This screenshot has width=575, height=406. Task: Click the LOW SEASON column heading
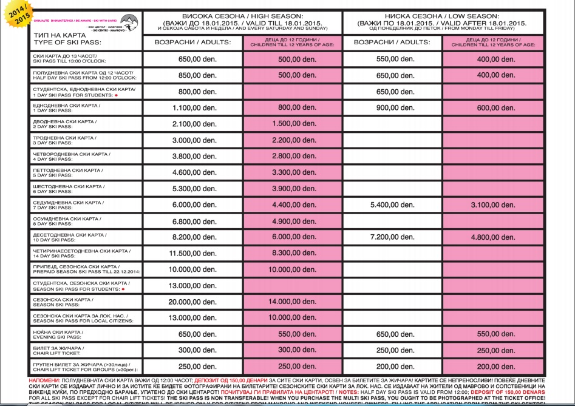tap(442, 16)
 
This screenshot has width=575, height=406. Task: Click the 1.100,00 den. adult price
tap(194, 108)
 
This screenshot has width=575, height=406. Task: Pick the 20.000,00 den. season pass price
tap(194, 302)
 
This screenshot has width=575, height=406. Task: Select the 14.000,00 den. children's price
tap(293, 302)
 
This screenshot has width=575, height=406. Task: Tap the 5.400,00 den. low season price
tap(392, 205)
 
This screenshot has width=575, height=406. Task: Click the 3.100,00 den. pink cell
tap(492, 205)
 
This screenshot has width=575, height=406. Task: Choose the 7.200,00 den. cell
tap(392, 237)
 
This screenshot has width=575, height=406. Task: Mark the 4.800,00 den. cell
tap(492, 237)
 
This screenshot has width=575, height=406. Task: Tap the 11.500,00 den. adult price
tap(194, 253)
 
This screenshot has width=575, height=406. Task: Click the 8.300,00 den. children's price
tap(293, 253)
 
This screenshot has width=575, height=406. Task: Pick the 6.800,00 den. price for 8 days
tap(194, 221)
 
